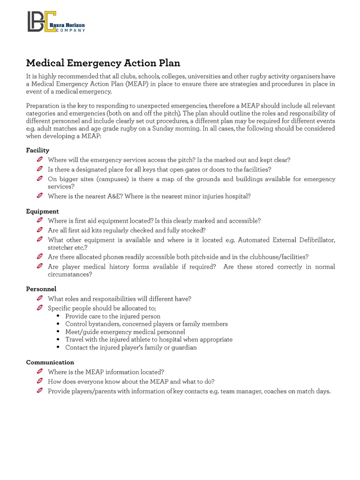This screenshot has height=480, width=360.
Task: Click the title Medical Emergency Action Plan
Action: coord(103,63)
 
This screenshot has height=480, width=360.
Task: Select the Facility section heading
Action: coord(37,150)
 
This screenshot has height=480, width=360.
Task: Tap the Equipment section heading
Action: coord(42,211)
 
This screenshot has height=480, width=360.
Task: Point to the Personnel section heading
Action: coord(41,289)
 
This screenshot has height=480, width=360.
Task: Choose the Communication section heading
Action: coord(50,362)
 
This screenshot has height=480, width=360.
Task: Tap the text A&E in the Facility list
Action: coord(113,196)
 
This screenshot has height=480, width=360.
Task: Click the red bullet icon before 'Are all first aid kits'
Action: coord(40,230)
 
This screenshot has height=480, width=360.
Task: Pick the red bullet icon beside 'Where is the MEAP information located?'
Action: coord(40,372)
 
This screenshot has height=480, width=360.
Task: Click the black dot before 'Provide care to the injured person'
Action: coord(57,316)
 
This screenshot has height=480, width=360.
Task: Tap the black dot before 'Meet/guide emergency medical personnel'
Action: coord(57,332)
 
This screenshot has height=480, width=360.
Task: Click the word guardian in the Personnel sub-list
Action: coord(184,347)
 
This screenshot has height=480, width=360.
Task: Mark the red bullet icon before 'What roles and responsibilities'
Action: coord(40,299)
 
